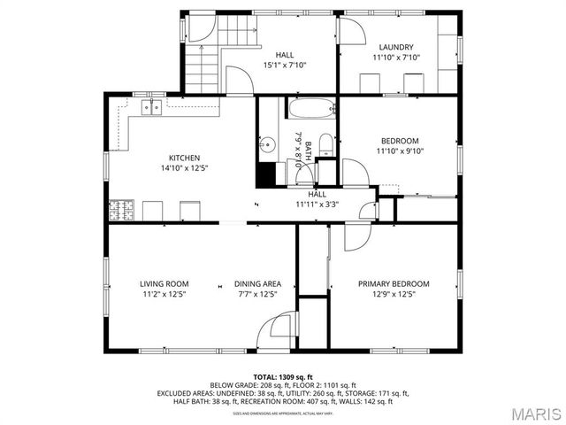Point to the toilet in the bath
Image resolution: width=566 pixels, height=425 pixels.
coord(325,145)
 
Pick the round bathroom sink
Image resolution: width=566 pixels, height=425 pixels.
coord(266,144)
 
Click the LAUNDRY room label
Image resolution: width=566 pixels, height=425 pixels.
coord(396,47)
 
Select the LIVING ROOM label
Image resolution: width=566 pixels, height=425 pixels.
coord(164,283)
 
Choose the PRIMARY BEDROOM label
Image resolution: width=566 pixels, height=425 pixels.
coord(394,283)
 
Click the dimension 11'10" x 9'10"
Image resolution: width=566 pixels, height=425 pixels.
coord(400,151)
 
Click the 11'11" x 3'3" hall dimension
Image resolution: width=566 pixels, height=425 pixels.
coord(317,205)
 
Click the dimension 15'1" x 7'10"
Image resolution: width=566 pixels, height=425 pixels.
coord(285,65)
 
